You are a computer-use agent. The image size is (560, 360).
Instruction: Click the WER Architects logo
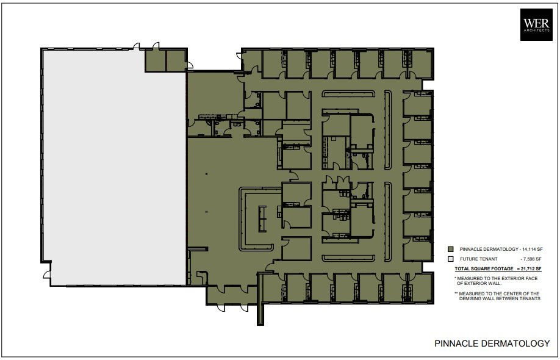pos(536,25)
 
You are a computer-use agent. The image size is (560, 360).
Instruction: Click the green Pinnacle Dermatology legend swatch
pos(450,249)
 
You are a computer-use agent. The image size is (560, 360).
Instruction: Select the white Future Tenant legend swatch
pos(450,259)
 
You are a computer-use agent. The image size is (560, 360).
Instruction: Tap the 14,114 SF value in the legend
pos(529,249)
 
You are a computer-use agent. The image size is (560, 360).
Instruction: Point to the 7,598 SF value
pos(530,259)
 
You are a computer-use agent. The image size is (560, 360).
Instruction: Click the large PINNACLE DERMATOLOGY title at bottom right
pos(492,344)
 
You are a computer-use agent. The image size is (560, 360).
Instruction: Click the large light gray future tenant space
pos(113,165)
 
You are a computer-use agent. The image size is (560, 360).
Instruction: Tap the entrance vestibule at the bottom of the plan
pos(227,295)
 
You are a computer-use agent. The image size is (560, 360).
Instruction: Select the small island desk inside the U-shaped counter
pos(262,218)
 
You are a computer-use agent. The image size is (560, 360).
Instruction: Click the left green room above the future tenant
pos(155,60)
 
